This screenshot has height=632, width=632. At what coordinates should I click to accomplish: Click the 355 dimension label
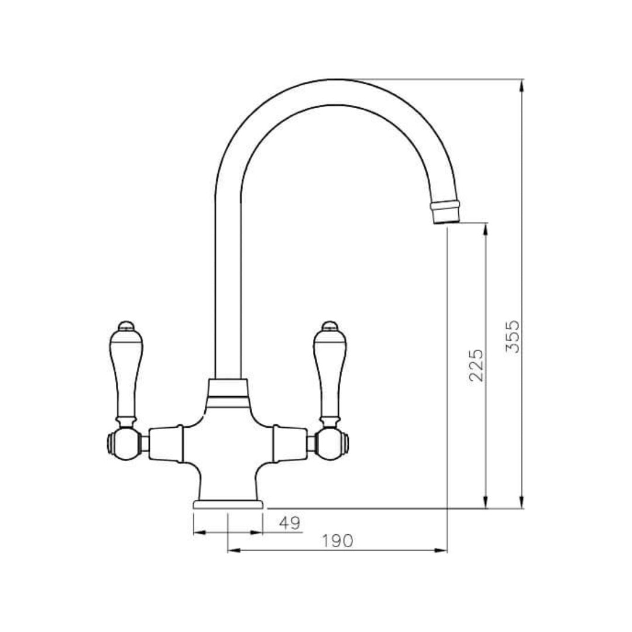(512, 336)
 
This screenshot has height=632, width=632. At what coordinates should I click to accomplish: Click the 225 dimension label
(477, 365)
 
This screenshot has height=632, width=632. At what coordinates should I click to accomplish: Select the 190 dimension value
(338, 541)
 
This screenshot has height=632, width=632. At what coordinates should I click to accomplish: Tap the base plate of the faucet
(228, 504)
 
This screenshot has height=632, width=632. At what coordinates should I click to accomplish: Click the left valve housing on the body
(165, 443)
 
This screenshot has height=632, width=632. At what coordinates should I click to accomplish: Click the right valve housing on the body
(290, 443)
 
